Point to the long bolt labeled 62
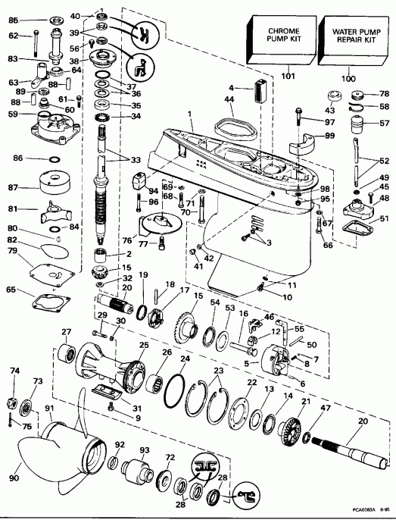click(36, 46)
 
